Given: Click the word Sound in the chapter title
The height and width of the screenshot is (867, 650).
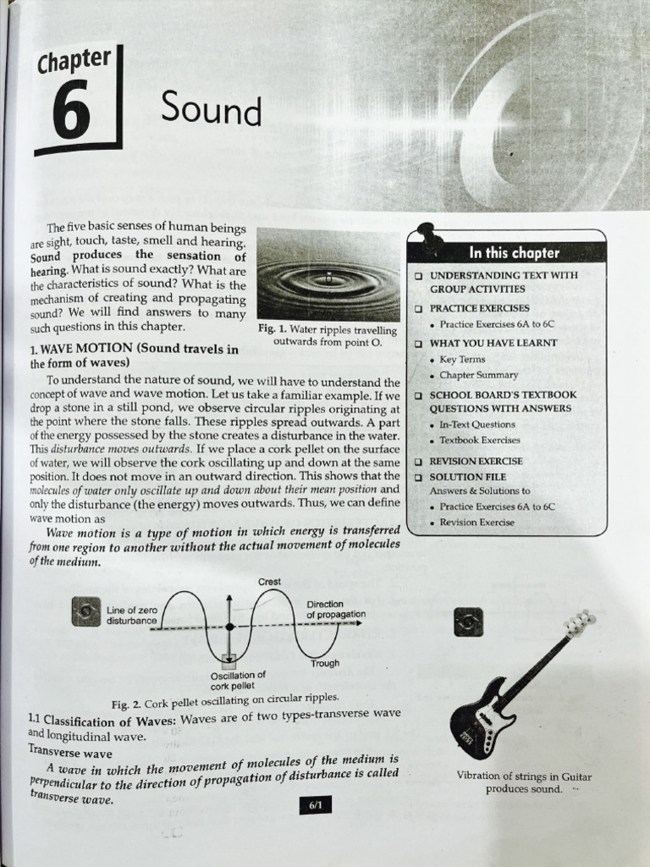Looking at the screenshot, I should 211,109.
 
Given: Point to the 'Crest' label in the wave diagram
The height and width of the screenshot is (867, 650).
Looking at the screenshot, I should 270,582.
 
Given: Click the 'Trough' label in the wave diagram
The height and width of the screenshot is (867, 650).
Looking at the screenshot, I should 324,663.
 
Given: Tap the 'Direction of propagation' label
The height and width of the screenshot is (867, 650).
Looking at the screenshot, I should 336,609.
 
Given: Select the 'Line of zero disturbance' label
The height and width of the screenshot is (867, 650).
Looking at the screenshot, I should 132,616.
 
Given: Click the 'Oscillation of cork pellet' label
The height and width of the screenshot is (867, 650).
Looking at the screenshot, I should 238,680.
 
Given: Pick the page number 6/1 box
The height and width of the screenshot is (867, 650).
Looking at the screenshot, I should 314,806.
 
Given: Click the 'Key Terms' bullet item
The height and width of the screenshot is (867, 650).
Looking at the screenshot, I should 462,359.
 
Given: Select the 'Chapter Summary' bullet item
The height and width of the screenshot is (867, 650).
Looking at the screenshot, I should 478,375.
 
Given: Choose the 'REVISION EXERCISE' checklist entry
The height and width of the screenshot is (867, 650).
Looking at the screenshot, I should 476,461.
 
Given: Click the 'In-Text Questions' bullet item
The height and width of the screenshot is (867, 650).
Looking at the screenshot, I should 476,424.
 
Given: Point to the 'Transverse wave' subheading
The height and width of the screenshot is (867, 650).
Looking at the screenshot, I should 70,751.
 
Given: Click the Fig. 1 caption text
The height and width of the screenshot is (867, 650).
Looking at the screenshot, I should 328,335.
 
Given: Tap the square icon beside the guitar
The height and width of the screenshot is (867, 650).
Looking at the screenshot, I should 468,621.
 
